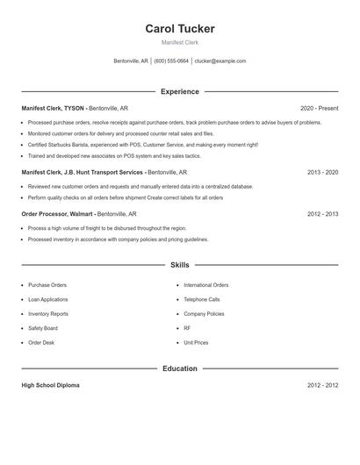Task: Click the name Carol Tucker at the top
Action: coord(179,29)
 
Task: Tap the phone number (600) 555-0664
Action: coord(172,61)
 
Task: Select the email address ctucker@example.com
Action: coord(220,61)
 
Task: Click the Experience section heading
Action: coord(179,91)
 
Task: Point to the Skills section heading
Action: coord(179,265)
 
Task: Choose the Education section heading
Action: coord(179,368)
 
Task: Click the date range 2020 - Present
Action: coord(319,109)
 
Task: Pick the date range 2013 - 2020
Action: coord(322,173)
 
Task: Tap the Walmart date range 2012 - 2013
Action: coord(322,214)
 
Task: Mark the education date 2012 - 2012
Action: coord(322,386)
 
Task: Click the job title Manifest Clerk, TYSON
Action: coord(54,109)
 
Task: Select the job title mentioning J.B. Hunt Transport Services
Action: coord(83,173)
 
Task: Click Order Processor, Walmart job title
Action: coord(57,214)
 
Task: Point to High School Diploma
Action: coord(50,386)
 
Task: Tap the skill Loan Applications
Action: coord(48,299)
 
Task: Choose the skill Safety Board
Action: coord(43,328)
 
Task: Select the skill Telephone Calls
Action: coord(202,299)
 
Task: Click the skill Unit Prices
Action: coord(196,342)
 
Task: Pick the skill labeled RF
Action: coord(187,328)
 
